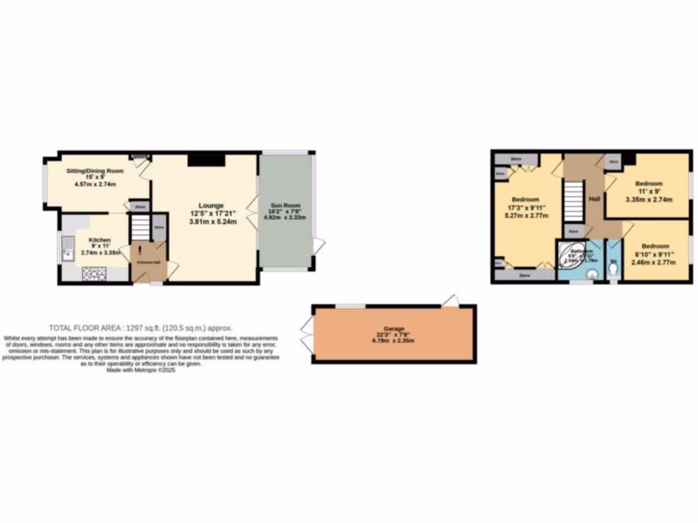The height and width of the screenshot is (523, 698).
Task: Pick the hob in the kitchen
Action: click(95, 273)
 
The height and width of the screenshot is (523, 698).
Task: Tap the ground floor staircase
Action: click(140, 226)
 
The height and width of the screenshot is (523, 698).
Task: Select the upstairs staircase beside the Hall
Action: click(573, 201)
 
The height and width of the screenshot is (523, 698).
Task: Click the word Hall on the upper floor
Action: click(594, 198)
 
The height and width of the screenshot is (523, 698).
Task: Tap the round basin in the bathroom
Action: click(592, 273)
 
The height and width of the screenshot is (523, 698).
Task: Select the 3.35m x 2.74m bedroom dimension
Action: click(649, 200)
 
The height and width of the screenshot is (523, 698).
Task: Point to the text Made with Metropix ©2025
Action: click(140, 370)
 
